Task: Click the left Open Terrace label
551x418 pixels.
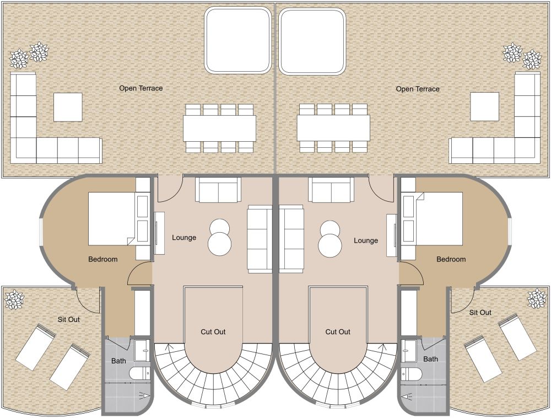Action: click(141, 88)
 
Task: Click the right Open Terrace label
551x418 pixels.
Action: click(418, 89)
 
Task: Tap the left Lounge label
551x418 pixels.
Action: click(184, 238)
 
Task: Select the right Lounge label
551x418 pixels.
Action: click(366, 240)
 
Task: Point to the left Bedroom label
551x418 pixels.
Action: click(103, 259)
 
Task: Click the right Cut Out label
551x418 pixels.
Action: click(338, 331)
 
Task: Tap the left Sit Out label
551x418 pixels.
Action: click(68, 319)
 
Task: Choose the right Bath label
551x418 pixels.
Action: click(430, 359)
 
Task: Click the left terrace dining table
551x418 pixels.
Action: click(220, 128)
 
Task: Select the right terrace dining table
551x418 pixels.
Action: click(333, 128)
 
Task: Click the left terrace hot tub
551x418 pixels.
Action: click(237, 40)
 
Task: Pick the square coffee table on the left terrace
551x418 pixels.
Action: click(68, 107)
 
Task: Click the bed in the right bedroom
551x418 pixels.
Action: click(439, 218)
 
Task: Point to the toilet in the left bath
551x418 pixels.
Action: click(140, 373)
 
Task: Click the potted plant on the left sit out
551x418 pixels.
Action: click(14, 299)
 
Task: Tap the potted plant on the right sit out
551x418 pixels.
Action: click(537, 298)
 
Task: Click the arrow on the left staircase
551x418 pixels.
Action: click(170, 348)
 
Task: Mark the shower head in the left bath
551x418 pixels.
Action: click(144, 396)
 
